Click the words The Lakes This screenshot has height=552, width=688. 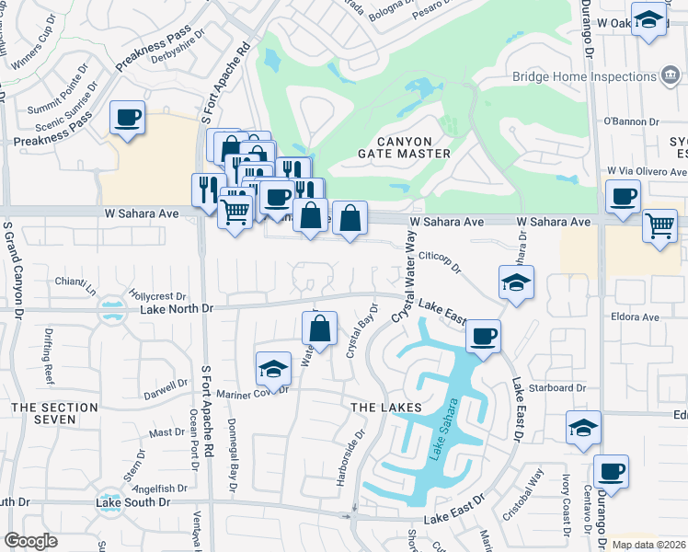[x=384, y=407]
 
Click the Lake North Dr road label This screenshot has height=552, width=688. [x=177, y=309]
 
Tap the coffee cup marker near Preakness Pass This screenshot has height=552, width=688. [x=128, y=118]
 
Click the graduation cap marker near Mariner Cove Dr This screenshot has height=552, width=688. [x=273, y=370]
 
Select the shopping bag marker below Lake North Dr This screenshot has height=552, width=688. [x=319, y=328]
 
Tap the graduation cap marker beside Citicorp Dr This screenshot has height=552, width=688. [x=516, y=282]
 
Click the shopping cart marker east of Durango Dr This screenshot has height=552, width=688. [x=659, y=224]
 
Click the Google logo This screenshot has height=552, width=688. [x=30, y=540]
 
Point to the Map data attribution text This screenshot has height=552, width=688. [x=648, y=545]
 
